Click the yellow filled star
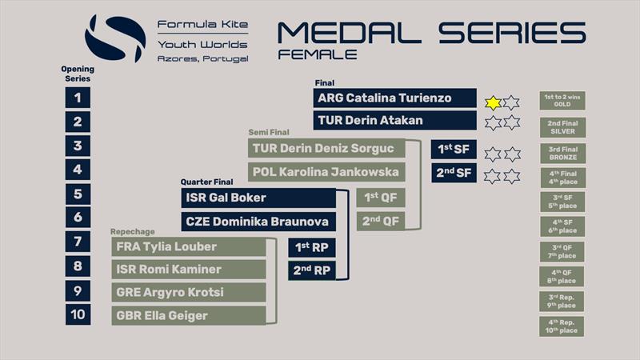(494, 102)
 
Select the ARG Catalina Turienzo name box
(394, 98)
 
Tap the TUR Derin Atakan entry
(394, 122)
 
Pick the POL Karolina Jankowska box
(326, 171)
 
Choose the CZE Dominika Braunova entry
(258, 222)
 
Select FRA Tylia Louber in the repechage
(189, 246)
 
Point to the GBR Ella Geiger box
(189, 315)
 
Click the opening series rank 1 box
(78, 98)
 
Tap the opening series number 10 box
(78, 314)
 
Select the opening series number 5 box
(78, 194)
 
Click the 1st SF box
(454, 150)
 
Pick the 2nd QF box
(380, 221)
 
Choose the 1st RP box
(311, 247)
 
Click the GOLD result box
(562, 101)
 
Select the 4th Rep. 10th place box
(562, 326)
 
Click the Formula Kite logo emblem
(115, 38)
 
